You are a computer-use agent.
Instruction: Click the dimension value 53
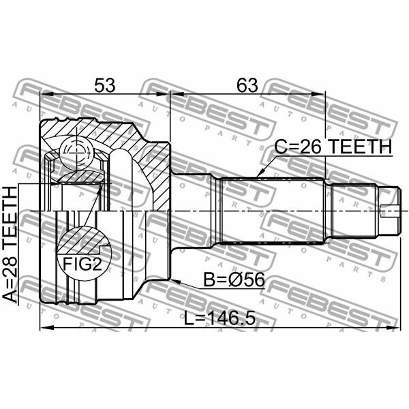click(x=104, y=86)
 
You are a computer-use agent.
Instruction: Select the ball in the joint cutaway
click(x=74, y=151)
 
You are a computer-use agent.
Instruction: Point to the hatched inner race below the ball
click(x=78, y=177)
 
